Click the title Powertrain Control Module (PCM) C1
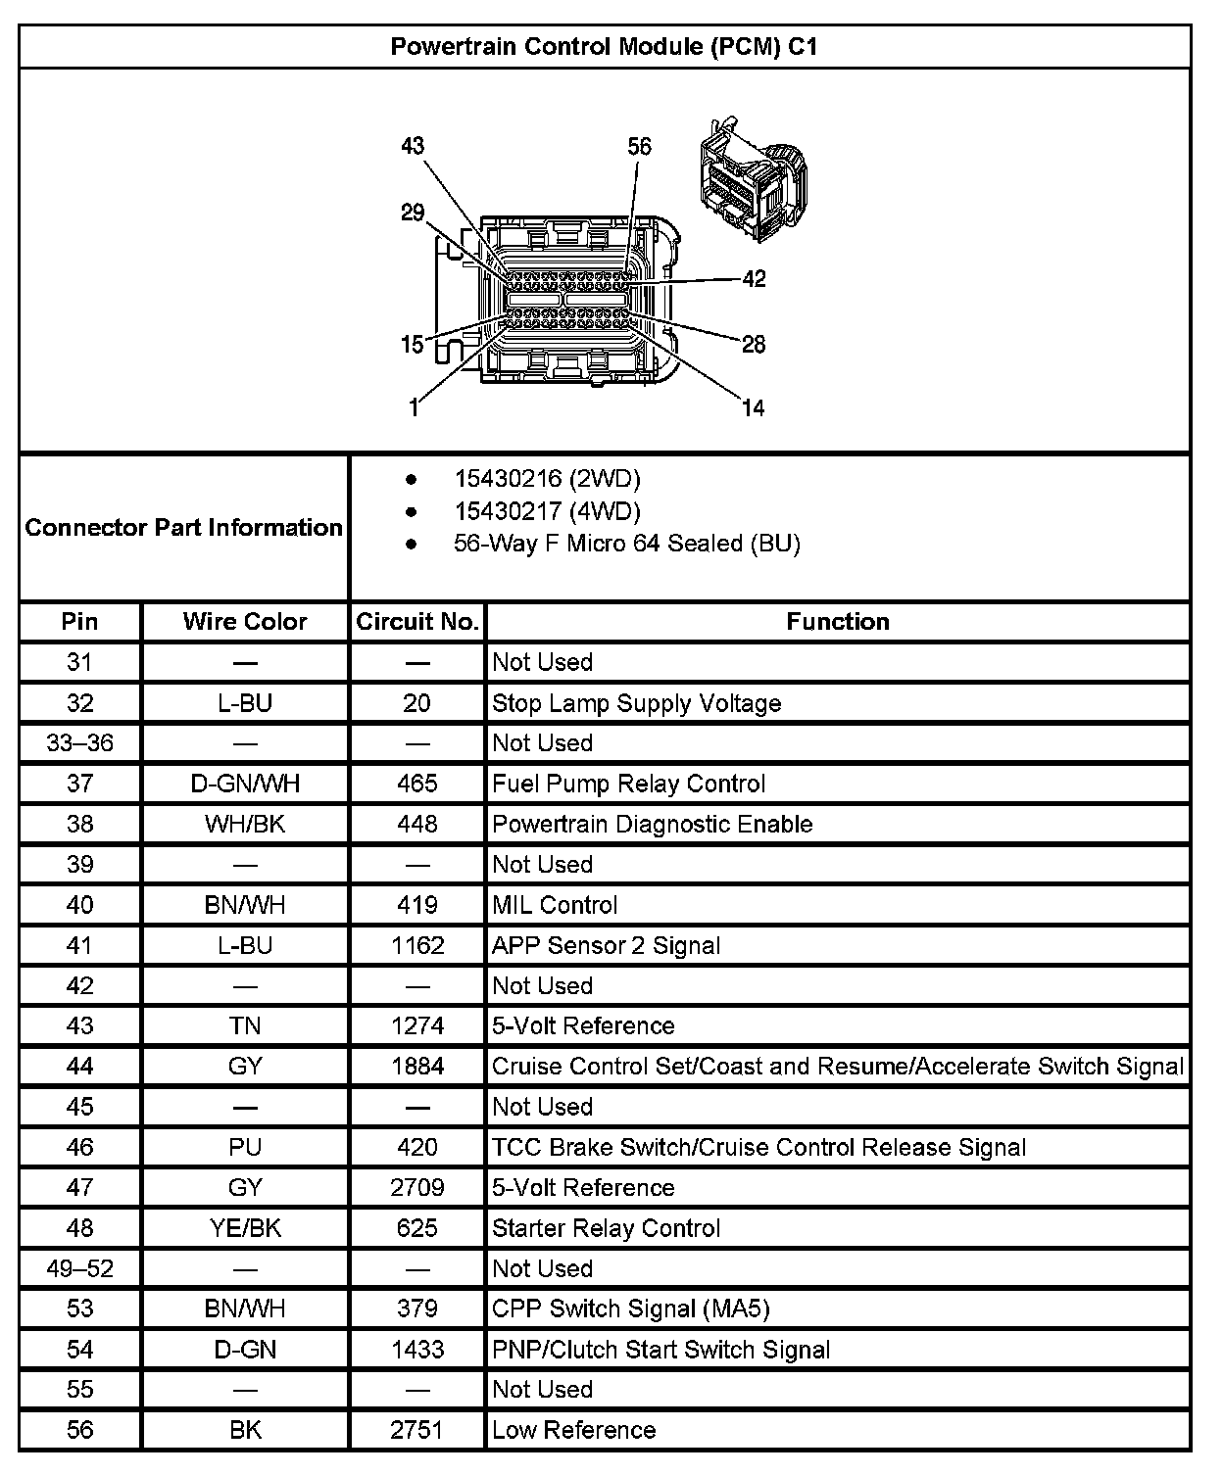[x=604, y=46]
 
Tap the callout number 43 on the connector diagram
[x=413, y=146]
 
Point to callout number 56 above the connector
[x=639, y=147]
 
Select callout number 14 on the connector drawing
[x=753, y=407]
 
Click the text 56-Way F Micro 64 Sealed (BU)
[x=626, y=544]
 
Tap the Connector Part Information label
[x=184, y=528]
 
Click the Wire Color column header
[x=245, y=622]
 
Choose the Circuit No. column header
[x=417, y=622]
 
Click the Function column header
[x=838, y=622]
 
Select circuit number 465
[x=417, y=784]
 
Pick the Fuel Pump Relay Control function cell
[x=628, y=784]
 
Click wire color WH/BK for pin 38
[x=245, y=824]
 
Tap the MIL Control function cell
[x=555, y=905]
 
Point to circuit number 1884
[x=417, y=1067]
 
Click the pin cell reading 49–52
[x=80, y=1268]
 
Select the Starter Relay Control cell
[x=606, y=1228]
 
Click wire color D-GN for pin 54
[x=245, y=1350]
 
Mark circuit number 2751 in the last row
[x=417, y=1430]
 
